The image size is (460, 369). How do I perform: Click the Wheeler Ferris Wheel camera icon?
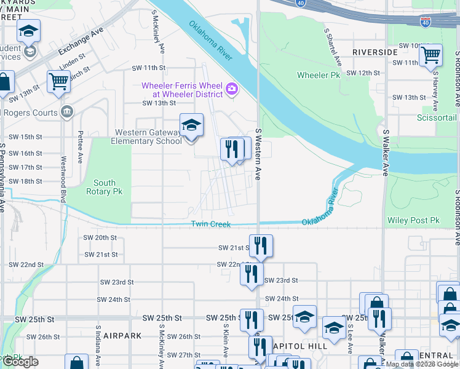pos(231,89)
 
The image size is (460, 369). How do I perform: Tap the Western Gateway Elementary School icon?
pos(191,125)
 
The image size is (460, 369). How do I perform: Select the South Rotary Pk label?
pos(105,187)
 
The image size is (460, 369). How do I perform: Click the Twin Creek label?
pos(211,224)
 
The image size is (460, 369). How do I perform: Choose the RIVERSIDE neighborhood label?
pos(375,52)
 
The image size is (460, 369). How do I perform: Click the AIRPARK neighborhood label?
pos(122,336)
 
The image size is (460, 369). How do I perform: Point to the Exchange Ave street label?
pos(79,42)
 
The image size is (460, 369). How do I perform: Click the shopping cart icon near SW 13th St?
pos(58,81)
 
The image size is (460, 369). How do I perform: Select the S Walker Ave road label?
pos(386,153)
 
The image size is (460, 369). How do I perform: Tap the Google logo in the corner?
pos(20,362)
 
